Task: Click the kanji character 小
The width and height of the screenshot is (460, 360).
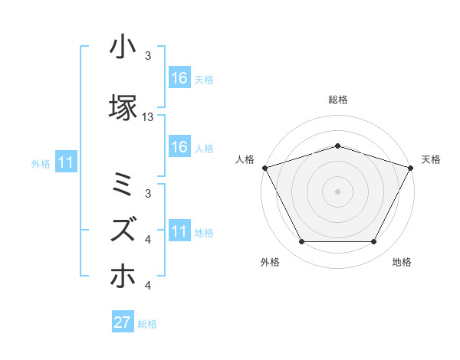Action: pyautogui.click(x=123, y=47)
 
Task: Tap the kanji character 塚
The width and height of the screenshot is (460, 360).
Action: pyautogui.click(x=123, y=106)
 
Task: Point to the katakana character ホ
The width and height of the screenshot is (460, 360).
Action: pyautogui.click(x=123, y=275)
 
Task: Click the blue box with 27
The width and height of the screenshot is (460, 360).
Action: pyautogui.click(x=123, y=322)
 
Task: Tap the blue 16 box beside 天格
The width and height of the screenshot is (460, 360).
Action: pyautogui.click(x=179, y=78)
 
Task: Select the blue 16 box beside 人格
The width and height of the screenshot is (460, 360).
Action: pyautogui.click(x=179, y=148)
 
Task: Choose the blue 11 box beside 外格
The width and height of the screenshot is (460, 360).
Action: pyautogui.click(x=65, y=162)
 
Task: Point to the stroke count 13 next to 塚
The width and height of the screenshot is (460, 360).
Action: pyautogui.click(x=148, y=116)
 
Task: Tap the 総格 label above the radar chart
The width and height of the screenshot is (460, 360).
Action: pyautogui.click(x=338, y=100)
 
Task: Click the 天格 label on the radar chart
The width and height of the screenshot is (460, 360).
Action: pyautogui.click(x=432, y=159)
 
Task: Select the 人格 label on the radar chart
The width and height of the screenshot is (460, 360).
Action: pyautogui.click(x=245, y=159)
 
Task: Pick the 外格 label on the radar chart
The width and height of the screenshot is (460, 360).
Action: pyautogui.click(x=270, y=262)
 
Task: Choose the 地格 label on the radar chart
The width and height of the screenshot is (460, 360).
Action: pyautogui.click(x=402, y=262)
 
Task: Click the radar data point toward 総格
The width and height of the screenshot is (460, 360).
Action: pyautogui.click(x=338, y=146)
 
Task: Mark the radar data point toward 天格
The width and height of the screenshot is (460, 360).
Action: pyautogui.click(x=412, y=167)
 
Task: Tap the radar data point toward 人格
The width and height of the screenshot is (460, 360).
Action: pyautogui.click(x=264, y=167)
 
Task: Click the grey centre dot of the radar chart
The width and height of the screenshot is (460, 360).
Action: pyautogui.click(x=338, y=191)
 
